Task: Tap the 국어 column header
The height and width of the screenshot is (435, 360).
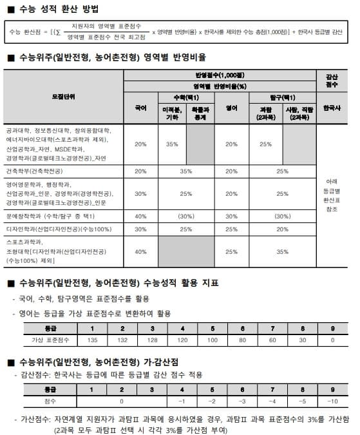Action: click(140, 108)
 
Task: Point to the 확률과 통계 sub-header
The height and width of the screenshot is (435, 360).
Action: click(200, 113)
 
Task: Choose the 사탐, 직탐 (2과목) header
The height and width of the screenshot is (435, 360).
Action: click(299, 113)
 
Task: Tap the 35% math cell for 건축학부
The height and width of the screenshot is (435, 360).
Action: click(186, 171)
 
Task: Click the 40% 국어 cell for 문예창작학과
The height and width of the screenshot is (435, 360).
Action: click(140, 217)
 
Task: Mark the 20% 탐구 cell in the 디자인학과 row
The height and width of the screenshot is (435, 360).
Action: click(282, 228)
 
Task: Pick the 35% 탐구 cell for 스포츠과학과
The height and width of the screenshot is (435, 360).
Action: click(282, 251)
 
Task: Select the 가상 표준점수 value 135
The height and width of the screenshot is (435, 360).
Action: click(91, 340)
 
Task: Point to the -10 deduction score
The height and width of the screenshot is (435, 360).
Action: click(332, 401)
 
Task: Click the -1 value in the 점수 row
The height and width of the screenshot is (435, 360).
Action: click(182, 401)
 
